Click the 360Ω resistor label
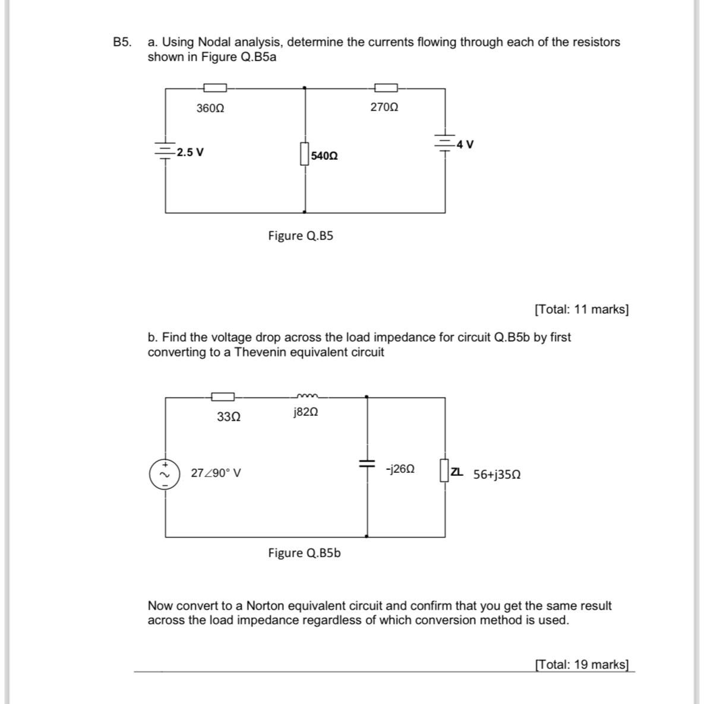[x=210, y=109]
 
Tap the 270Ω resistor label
[x=384, y=108]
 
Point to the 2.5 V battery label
[x=190, y=152]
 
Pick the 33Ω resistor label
[x=229, y=417]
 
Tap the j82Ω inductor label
[x=306, y=412]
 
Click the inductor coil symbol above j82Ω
[x=307, y=396]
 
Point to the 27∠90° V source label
[x=216, y=473]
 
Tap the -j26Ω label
[x=400, y=469]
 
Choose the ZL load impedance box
[x=444, y=470]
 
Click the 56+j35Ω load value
[x=497, y=475]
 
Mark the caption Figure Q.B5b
[x=304, y=553]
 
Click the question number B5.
[x=122, y=42]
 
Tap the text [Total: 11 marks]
[x=581, y=310]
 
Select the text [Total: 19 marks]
[x=581, y=664]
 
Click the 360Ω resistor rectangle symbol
[x=215, y=88]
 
